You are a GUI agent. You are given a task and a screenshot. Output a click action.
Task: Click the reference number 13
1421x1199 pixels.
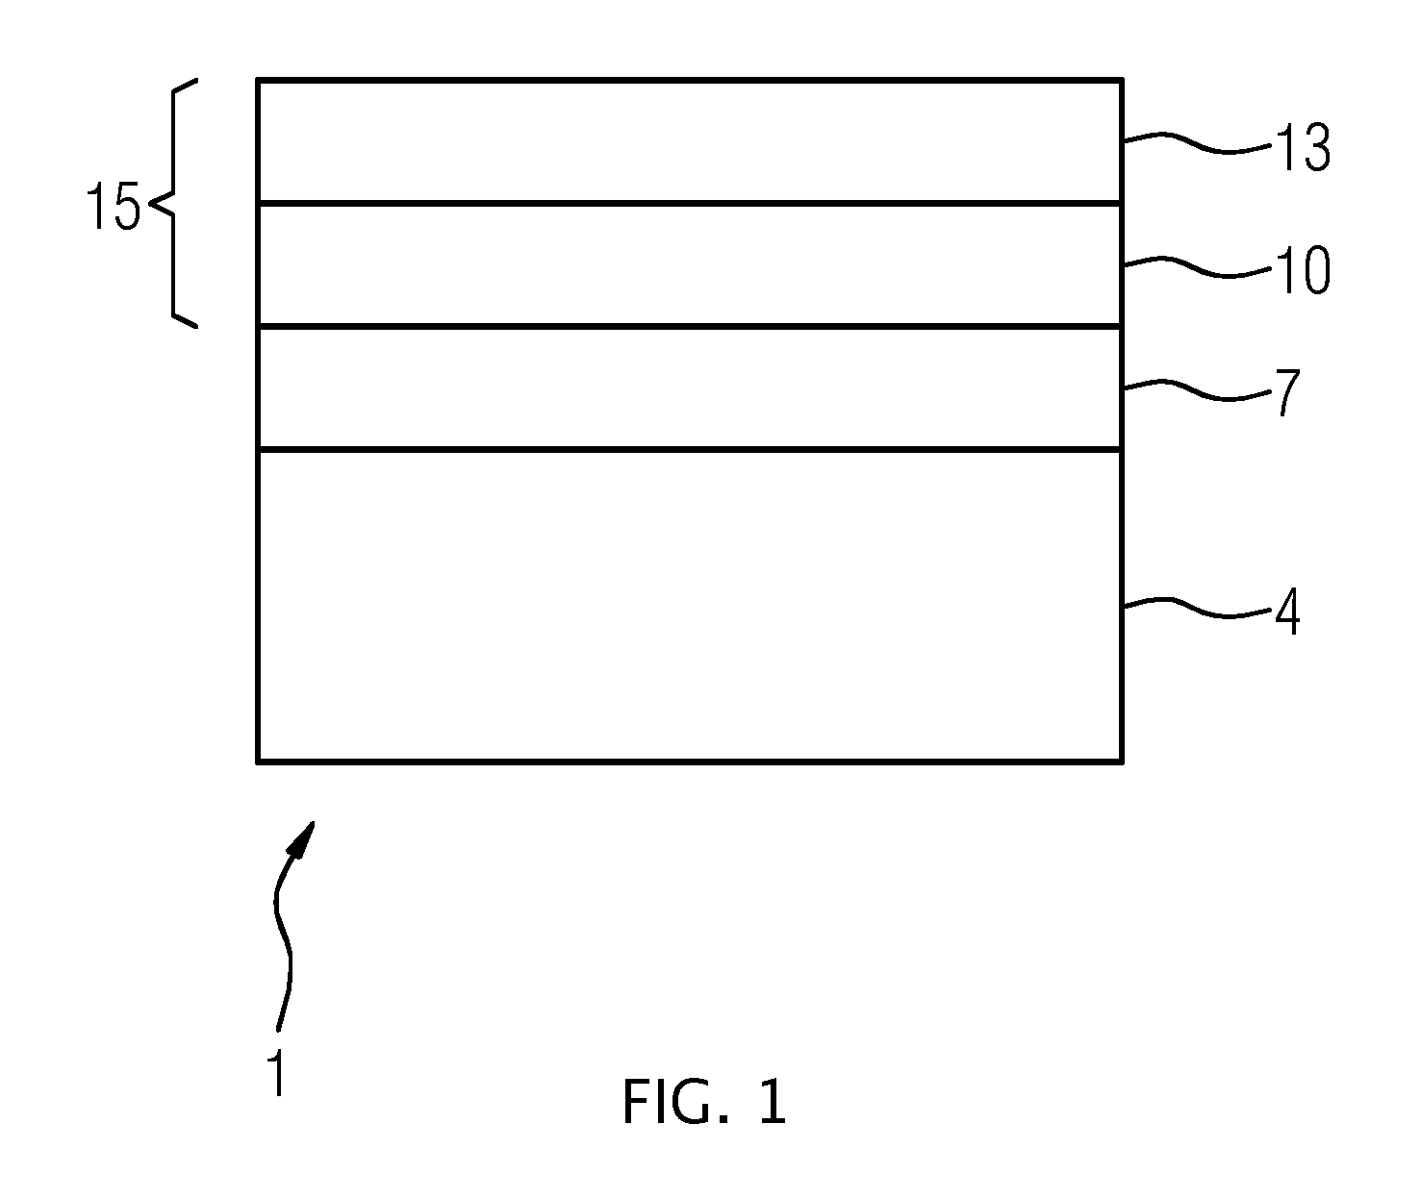pos(1303,147)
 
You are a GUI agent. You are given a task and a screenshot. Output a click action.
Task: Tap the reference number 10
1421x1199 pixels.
pos(1303,271)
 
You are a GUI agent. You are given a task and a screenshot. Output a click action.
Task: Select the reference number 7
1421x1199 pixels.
pos(1287,392)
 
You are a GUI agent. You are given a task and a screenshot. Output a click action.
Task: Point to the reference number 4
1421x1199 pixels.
pos(1287,612)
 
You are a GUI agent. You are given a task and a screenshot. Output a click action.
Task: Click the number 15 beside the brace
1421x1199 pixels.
pos(113,206)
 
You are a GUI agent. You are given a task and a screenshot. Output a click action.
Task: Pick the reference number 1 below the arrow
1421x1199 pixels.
pos(275,1072)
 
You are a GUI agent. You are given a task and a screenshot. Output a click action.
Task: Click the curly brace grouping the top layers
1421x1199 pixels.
pos(173,203)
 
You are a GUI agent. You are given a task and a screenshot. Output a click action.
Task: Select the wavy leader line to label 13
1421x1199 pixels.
pos(1197,143)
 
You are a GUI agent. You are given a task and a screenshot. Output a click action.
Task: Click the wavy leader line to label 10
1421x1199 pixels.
pos(1197,266)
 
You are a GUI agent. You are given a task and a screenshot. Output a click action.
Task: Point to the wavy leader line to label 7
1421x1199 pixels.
pos(1197,389)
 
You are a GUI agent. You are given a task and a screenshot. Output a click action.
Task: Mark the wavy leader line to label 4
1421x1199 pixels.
pos(1197,608)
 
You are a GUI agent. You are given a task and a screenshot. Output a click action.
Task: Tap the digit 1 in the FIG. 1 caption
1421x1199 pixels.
pos(774,1103)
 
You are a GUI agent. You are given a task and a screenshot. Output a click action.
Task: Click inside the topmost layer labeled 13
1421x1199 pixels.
pos(690,141)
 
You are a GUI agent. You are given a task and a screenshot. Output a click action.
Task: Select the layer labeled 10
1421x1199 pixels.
pos(690,265)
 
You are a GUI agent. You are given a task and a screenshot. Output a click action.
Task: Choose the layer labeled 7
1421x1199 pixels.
pos(690,388)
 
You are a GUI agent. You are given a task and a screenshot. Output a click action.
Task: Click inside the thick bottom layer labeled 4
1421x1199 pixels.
pos(690,606)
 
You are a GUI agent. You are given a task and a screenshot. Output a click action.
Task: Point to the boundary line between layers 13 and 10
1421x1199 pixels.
pos(690,203)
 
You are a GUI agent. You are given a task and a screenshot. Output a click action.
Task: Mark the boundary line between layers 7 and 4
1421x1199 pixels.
pos(690,450)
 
